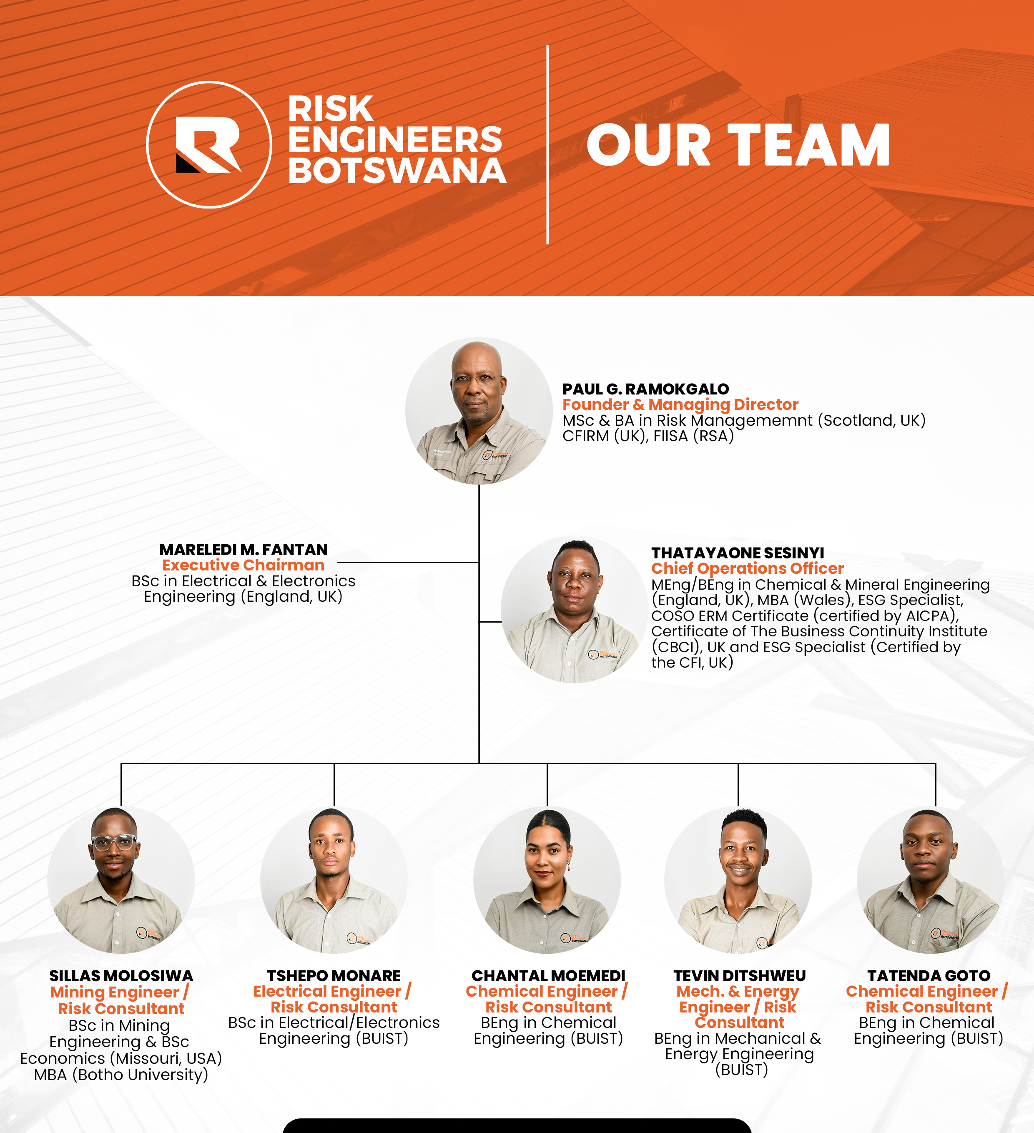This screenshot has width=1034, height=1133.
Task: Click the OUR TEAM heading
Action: (738, 146)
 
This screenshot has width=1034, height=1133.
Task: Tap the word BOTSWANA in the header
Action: (397, 171)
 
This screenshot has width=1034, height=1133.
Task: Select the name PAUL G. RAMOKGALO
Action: (646, 389)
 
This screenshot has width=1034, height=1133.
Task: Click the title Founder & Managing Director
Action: (680, 404)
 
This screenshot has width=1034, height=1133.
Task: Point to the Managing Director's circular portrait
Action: (479, 411)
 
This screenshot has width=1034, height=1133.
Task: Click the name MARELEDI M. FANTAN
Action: (243, 550)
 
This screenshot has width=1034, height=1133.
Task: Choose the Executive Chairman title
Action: (243, 565)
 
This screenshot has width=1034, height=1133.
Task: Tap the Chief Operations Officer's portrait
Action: (574, 610)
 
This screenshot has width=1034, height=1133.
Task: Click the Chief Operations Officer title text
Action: (748, 569)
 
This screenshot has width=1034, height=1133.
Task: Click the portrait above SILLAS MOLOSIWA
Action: (121, 880)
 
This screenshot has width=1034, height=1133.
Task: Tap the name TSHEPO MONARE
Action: (334, 976)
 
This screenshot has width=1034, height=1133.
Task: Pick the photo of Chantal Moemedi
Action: (547, 880)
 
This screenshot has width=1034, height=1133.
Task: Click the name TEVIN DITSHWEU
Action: (740, 976)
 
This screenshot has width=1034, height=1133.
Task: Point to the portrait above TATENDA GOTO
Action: (931, 880)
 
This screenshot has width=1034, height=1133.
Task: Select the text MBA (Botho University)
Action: (121, 1075)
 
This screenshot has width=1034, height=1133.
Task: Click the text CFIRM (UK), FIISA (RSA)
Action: (648, 436)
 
